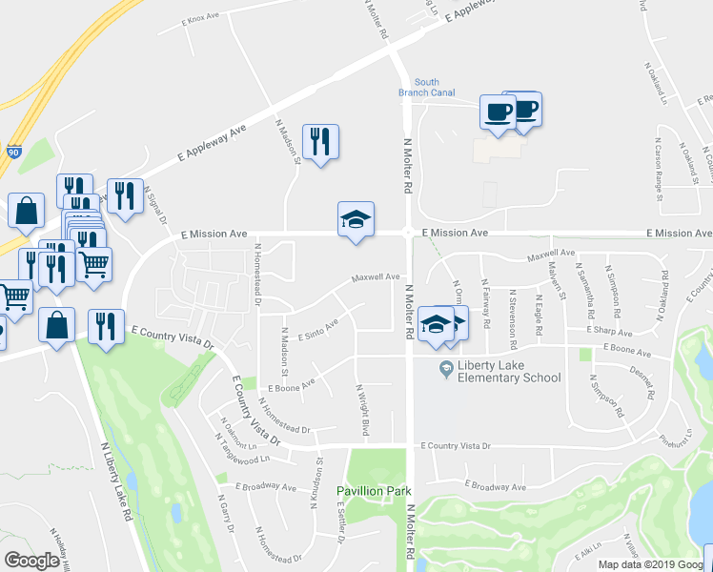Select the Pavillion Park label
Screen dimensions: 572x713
tap(374, 492)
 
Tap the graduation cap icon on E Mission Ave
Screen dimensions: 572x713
tap(356, 220)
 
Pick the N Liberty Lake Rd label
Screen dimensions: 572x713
tap(115, 486)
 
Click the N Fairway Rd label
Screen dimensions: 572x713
tap(485, 302)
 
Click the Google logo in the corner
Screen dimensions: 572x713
tap(31, 561)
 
